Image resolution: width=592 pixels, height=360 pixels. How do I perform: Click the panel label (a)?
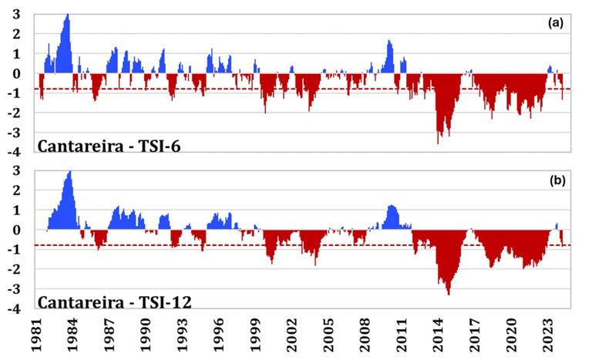tap(555, 23)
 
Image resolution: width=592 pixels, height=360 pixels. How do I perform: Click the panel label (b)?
tap(557, 180)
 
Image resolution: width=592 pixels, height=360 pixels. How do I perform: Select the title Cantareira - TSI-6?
tap(109, 146)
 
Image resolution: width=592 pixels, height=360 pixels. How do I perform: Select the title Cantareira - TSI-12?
tap(114, 302)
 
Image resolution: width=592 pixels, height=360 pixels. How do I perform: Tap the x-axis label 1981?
tap(37, 335)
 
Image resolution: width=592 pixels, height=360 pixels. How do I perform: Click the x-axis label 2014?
tap(439, 335)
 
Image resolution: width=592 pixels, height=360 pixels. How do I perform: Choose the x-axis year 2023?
tap(548, 335)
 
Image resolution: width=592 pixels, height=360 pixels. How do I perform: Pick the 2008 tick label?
tap(365, 335)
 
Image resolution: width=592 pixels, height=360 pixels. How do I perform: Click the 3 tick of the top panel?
tap(17, 15)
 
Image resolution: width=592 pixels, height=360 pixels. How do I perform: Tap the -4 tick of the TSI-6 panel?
tap(14, 152)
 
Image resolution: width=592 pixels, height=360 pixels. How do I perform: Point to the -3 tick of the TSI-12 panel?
tap(14, 289)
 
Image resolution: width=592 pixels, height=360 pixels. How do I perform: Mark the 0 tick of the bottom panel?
tap(17, 230)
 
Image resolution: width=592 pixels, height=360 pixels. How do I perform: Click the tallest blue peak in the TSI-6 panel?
tap(68, 15)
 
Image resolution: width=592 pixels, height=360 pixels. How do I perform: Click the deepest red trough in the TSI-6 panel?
tap(438, 143)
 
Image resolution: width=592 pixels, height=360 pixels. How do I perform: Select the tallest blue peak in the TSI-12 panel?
tap(69, 171)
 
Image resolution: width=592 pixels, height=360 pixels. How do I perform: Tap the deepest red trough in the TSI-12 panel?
tap(449, 294)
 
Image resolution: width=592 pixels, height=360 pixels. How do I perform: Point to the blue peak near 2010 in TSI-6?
tap(388, 40)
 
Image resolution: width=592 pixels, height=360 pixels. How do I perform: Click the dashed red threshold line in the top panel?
tap(302, 89)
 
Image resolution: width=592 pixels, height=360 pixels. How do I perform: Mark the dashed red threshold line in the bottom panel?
tap(302, 245)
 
